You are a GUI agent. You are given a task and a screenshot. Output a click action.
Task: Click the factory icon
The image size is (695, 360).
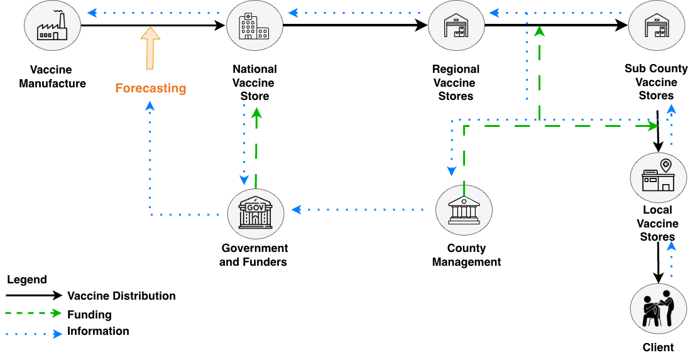coord(52,26)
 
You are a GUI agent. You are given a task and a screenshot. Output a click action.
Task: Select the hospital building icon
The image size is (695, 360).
coord(254,26)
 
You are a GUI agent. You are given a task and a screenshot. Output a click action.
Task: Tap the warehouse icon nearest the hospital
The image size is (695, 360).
coord(456,26)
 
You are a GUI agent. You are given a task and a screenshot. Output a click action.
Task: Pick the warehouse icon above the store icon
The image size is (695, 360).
coord(657,26)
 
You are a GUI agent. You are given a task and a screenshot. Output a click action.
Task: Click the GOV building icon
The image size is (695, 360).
coord(256,214)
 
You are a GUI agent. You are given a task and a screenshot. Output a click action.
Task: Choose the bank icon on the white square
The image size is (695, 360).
coord(464,210)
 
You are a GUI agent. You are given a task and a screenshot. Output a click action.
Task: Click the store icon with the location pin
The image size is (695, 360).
coord(658,177)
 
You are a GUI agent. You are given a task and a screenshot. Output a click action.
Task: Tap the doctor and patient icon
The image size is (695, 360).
coord(658,308)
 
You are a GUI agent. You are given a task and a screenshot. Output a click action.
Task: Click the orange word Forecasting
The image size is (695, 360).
coord(151,89)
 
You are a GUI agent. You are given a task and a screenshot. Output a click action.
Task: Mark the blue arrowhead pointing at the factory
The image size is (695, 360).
coord(92,13)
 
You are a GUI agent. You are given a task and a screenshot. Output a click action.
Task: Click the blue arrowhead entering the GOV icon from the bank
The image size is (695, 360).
coord(296,210)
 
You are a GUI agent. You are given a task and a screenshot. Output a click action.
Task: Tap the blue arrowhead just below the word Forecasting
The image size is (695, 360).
coord(150,106)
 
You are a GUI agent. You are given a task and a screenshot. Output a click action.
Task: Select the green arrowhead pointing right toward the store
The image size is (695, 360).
coord(654,126)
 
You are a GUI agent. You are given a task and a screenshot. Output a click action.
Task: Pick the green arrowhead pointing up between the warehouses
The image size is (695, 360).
coord(539,31)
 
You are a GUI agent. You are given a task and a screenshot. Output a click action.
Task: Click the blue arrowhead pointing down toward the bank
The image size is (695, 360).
coord(451,172)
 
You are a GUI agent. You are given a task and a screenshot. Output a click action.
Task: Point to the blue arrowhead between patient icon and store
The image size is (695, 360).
coord(671,246)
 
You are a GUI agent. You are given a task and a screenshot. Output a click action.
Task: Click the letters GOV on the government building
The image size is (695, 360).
coord(255,207)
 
